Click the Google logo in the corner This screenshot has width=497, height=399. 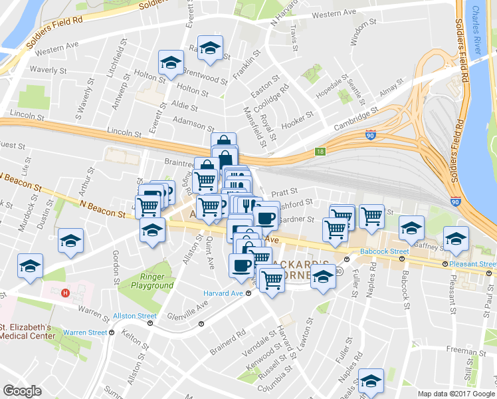coord(22,391)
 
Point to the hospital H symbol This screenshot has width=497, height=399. coord(65,293)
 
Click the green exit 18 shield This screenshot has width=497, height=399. coord(320,152)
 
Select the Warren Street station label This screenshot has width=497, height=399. coord(85,332)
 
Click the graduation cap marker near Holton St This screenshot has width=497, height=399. coord(171,63)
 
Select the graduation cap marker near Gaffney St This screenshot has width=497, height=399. coord(456,239)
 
